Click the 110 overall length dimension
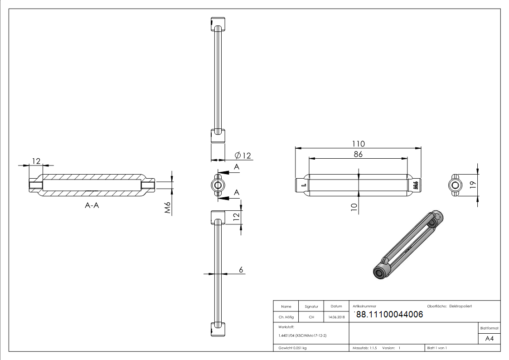[359, 144]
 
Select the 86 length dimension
[358, 154]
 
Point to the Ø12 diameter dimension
[243, 156]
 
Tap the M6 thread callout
[168, 207]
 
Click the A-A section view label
[92, 205]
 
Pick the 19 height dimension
[473, 185]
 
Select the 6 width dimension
[241, 270]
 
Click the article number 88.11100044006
[389, 314]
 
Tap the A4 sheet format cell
[489, 339]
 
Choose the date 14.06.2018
[336, 317]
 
